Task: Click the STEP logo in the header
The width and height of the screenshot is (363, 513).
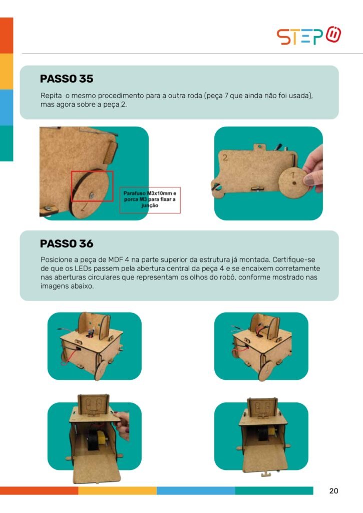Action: (309, 36)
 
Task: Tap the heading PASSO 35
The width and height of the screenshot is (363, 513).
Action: (67, 79)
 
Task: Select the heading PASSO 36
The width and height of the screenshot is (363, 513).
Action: (67, 243)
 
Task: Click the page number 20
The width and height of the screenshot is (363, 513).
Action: (333, 491)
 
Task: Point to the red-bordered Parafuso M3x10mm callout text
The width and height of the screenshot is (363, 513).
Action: (150, 199)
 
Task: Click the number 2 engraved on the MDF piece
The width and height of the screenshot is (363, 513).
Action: (225, 157)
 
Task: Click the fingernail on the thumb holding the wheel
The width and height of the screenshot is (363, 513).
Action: (309, 179)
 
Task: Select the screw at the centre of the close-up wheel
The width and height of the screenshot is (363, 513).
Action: (92, 195)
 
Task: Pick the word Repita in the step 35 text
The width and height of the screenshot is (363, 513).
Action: (51, 96)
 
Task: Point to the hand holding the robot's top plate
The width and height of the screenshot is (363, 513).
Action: (123, 425)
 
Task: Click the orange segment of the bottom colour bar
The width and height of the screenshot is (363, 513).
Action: (39, 491)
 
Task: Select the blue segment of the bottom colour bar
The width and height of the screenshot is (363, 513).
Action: (196, 491)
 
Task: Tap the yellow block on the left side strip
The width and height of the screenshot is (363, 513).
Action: (7, 71)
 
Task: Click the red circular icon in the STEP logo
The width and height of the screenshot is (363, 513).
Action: (333, 34)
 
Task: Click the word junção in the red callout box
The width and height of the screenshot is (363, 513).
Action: (150, 205)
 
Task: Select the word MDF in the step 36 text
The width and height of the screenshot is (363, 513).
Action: (115, 260)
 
